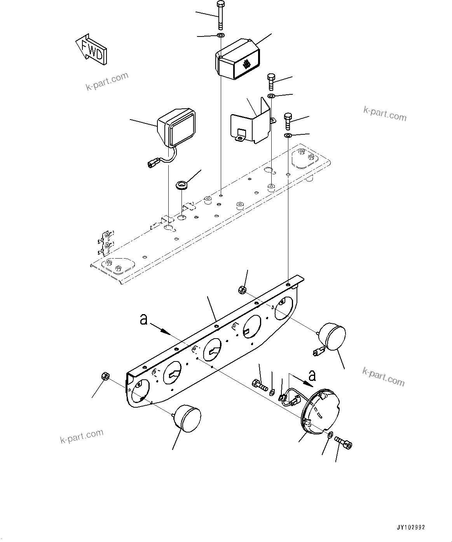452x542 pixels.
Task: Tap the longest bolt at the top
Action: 220,15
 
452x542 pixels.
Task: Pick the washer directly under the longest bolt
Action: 220,36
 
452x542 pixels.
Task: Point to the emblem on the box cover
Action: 246,64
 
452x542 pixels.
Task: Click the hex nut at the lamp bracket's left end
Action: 105,375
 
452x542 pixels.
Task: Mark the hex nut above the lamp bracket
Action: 241,289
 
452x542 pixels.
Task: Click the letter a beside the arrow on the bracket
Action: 144,320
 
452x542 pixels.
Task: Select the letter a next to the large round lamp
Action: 312,375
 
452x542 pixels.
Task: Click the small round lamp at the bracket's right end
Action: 332,336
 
